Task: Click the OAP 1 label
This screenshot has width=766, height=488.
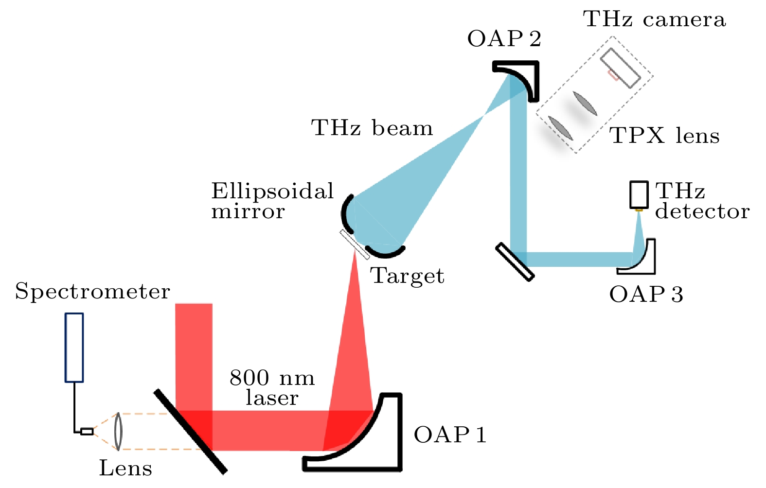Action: coord(450,435)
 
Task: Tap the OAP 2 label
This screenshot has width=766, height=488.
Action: coord(504,39)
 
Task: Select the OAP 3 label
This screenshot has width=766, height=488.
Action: coord(646,295)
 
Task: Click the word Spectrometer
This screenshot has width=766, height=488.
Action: coord(92,292)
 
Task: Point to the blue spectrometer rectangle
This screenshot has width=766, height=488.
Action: coord(74,347)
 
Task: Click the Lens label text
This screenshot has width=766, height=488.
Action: coord(125,469)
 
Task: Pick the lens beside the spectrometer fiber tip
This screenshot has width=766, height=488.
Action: coord(118,431)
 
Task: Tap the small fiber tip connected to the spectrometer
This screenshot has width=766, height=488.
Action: coord(87,431)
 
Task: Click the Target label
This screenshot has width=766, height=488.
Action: coord(408,276)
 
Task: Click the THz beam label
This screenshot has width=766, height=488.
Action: coord(372,128)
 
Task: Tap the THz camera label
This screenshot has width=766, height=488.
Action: coord(654,19)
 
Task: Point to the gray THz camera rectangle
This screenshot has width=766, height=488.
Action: coord(620,68)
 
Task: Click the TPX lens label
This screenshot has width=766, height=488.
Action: coord(664,136)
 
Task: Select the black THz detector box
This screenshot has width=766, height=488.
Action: coord(639,194)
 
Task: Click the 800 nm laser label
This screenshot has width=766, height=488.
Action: coord(272,388)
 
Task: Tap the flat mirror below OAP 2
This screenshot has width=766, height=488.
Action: coord(515,262)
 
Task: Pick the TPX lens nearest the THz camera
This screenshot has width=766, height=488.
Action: coord(585,104)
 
